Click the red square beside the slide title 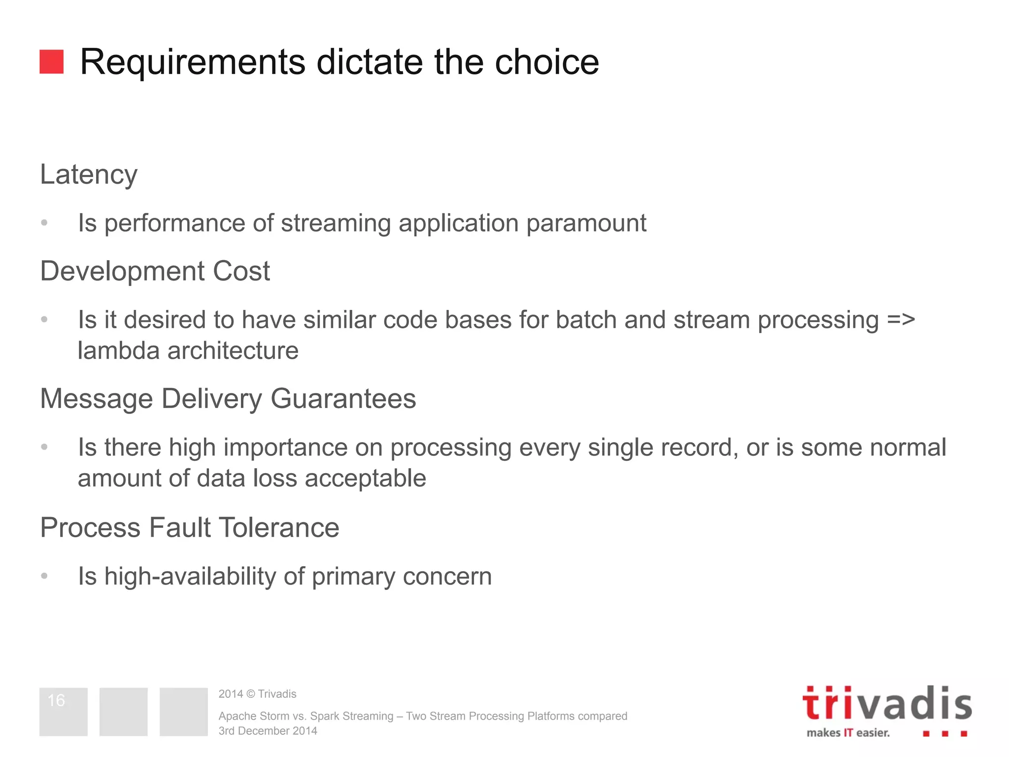point(51,62)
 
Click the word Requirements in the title point(193,63)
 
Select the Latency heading point(89,175)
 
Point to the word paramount point(586,224)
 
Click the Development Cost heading point(155,271)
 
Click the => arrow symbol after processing point(901,320)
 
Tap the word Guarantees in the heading point(343,399)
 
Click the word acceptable point(365,479)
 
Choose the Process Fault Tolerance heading point(190,528)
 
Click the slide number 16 point(56,700)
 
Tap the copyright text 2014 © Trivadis point(257,694)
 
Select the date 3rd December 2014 point(268,731)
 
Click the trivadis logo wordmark point(887,704)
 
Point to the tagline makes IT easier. point(848,733)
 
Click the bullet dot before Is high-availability point(44,576)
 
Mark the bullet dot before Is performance point(44,223)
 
